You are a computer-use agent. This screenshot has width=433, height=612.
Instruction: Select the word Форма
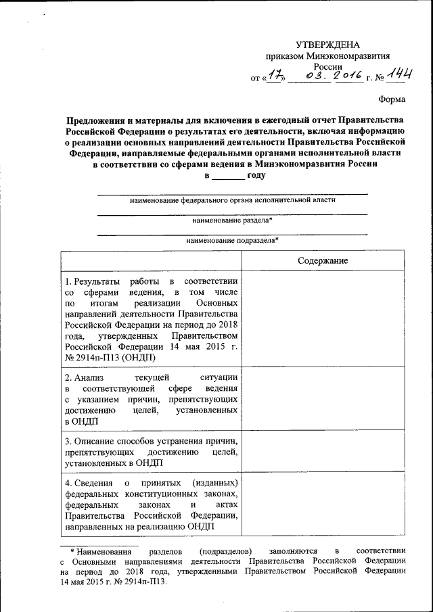[392, 101]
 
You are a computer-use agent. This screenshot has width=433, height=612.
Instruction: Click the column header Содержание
[323, 260]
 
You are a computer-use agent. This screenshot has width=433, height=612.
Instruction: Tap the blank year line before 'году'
[229, 176]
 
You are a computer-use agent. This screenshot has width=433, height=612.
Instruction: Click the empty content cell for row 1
[323, 319]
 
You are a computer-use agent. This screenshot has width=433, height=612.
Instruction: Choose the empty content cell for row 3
[323, 451]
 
